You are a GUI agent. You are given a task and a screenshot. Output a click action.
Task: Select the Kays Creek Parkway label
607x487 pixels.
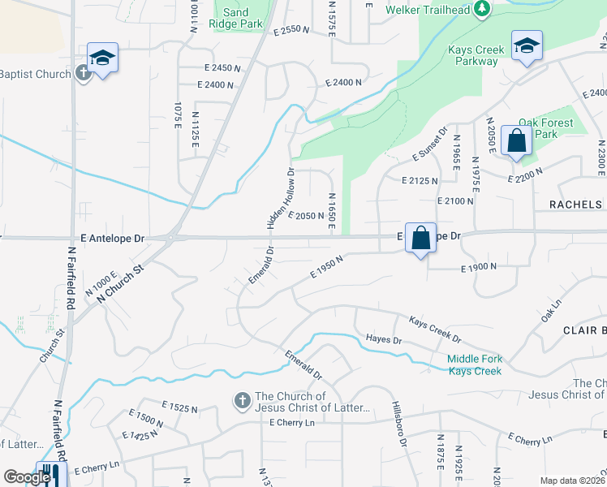click(476, 55)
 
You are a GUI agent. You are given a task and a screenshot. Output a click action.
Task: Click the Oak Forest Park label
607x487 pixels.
click(545, 128)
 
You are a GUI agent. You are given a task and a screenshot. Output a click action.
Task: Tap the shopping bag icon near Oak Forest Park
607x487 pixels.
click(517, 142)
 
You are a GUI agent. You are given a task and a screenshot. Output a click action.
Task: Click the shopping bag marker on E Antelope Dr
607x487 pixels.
click(420, 239)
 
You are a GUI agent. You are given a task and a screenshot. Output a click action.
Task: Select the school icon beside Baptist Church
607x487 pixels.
click(103, 58)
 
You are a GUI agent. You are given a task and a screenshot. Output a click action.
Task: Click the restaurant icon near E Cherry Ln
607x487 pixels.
click(51, 474)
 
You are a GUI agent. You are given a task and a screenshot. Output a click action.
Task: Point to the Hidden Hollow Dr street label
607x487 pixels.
click(280, 197)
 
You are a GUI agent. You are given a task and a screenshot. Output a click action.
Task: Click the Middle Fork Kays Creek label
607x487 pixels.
click(475, 365)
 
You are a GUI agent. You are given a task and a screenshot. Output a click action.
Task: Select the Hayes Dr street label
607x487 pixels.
click(384, 339)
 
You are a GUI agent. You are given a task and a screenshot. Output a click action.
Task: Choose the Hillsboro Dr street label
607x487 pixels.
click(398, 423)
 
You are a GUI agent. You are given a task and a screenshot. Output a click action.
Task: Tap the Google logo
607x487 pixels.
click(27, 477)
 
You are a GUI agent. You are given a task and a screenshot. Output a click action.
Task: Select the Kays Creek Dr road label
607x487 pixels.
click(434, 329)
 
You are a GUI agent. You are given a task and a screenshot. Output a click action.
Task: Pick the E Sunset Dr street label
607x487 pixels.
click(430, 144)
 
